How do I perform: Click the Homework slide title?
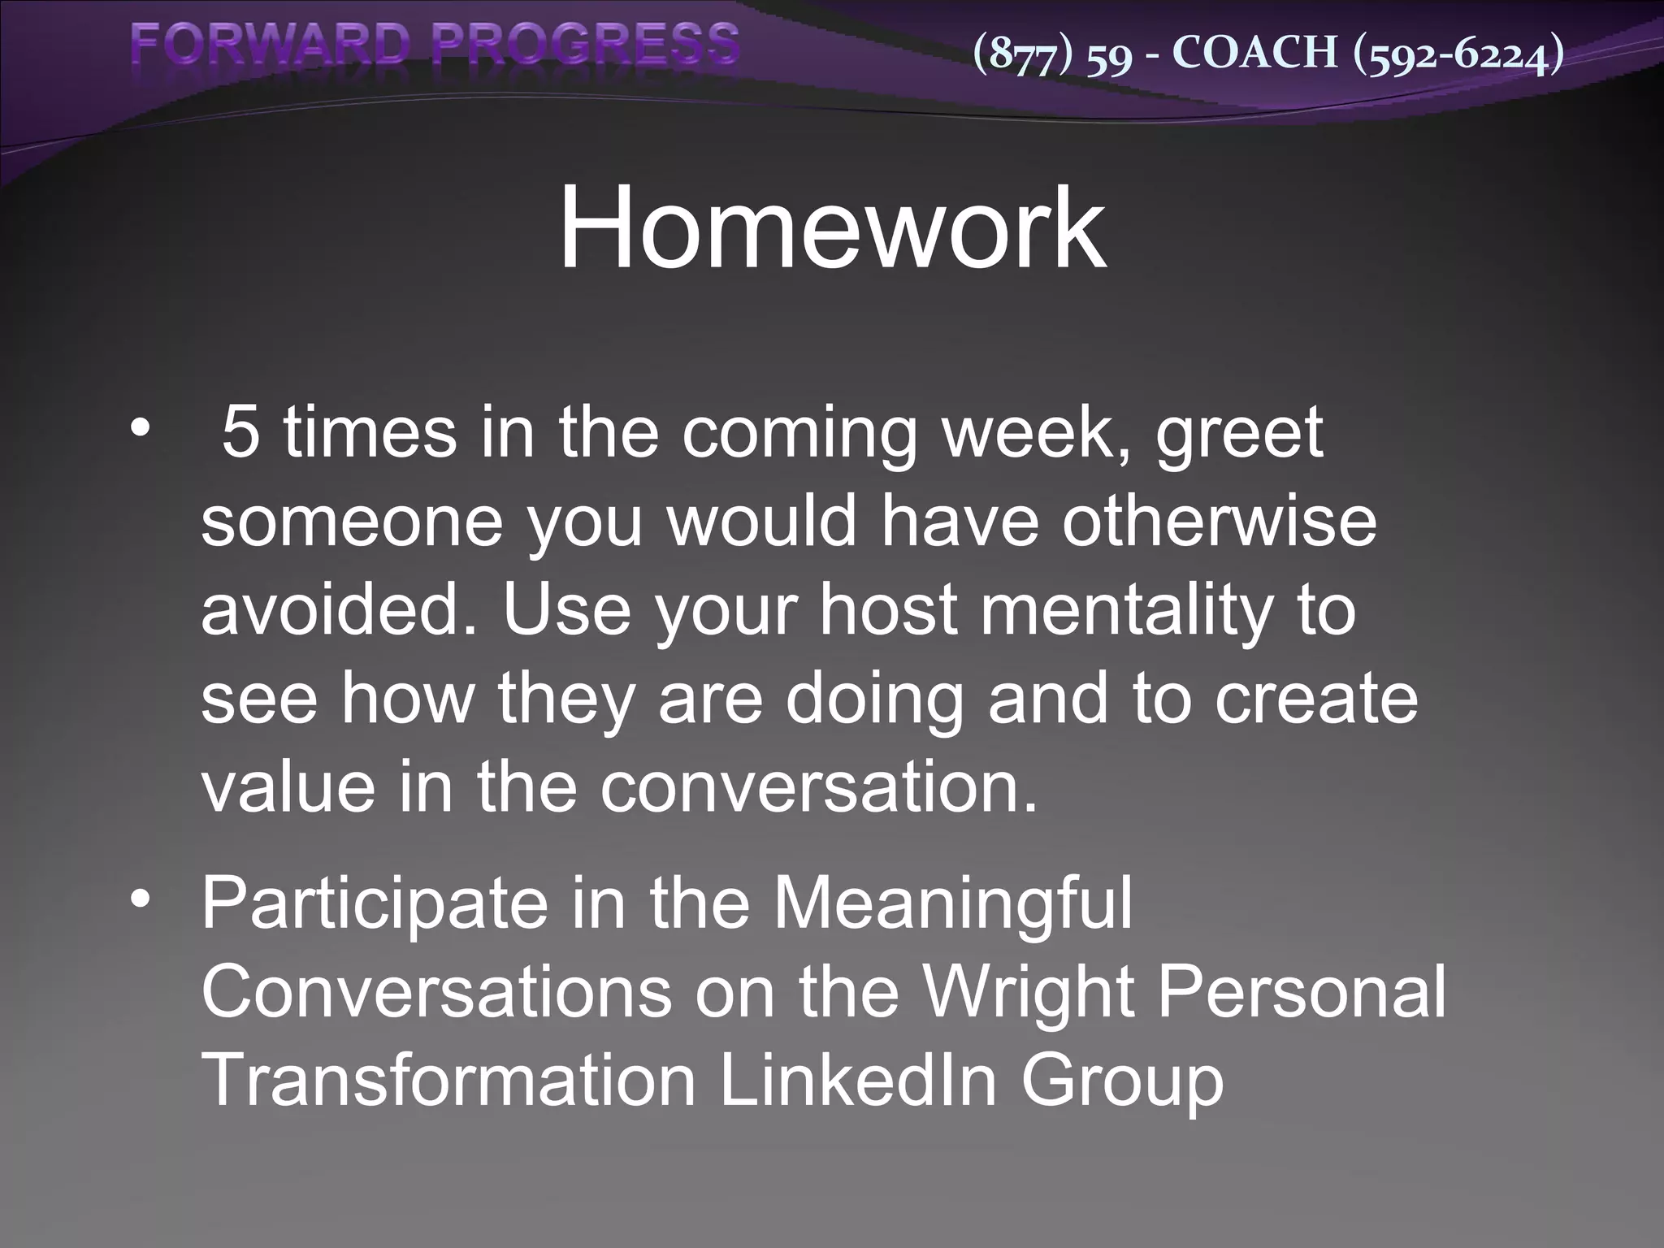831,228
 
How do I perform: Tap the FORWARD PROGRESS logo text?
435,45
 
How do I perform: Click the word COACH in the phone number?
1255,53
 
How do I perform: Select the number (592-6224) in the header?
1458,54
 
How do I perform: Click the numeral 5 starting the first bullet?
240,433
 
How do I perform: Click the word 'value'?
288,787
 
